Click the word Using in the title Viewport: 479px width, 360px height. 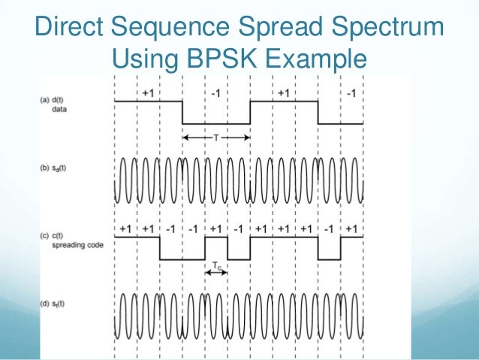click(x=140, y=58)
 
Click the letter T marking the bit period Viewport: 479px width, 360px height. click(x=216, y=138)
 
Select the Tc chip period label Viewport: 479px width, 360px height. click(x=216, y=265)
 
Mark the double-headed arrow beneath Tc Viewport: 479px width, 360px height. click(x=216, y=272)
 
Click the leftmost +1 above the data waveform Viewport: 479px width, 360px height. click(x=148, y=92)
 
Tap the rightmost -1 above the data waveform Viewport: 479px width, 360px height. click(x=352, y=92)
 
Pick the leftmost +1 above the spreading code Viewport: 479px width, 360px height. click(x=125, y=228)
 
